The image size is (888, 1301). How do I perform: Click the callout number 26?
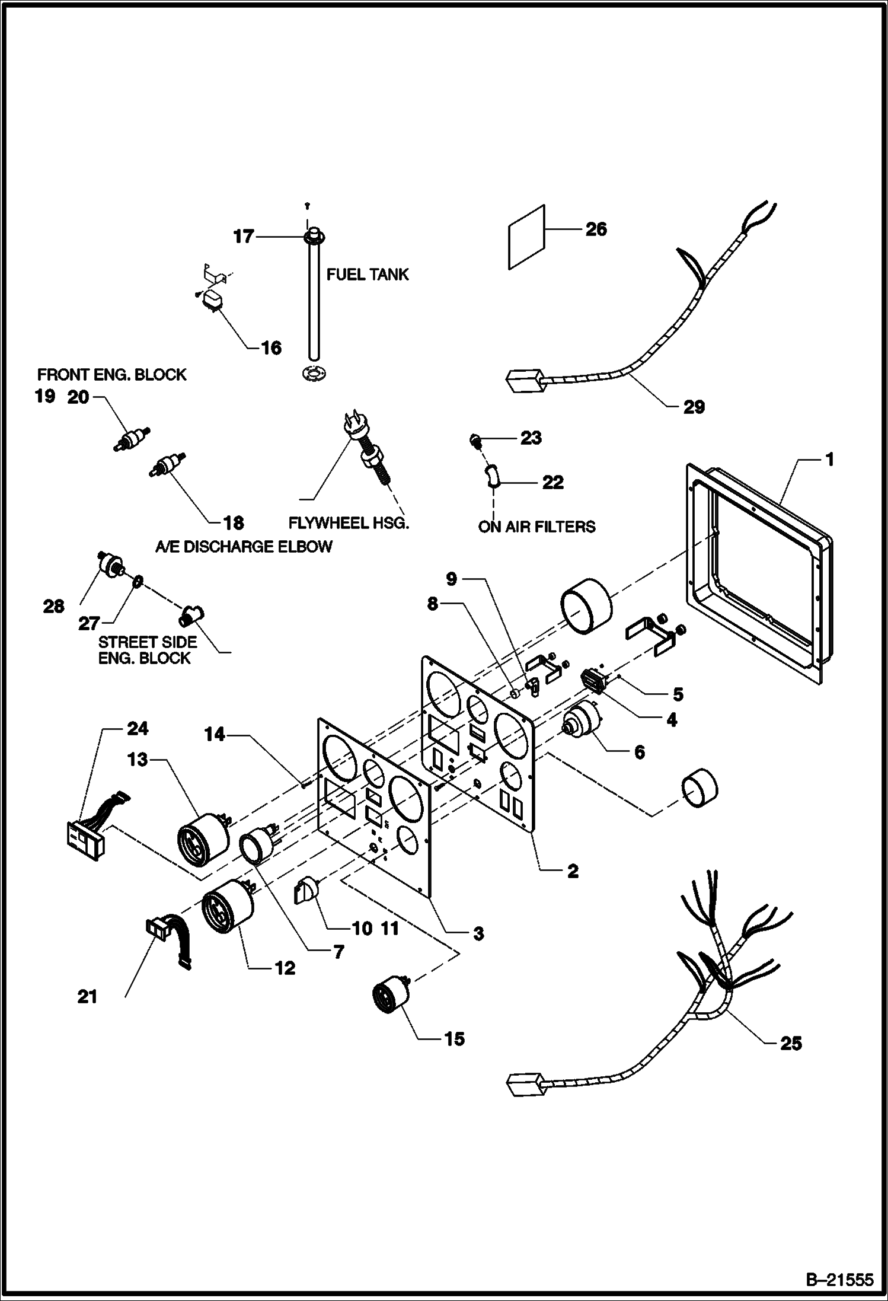point(596,229)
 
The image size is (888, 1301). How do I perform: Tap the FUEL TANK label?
point(368,274)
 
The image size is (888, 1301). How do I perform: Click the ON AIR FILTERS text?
point(536,527)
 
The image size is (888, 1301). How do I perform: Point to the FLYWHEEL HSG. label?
point(349,523)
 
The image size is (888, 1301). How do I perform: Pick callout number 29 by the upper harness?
point(694,407)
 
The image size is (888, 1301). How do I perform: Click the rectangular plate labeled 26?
point(526,237)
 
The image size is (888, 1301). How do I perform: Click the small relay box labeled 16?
point(211,299)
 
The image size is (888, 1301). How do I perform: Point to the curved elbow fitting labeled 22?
point(492,476)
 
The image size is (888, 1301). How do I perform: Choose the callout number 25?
point(791,1060)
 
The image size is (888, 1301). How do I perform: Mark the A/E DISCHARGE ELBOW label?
point(244,546)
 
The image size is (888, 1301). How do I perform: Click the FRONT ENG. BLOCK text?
point(111,375)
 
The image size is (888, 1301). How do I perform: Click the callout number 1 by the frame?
point(829,460)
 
